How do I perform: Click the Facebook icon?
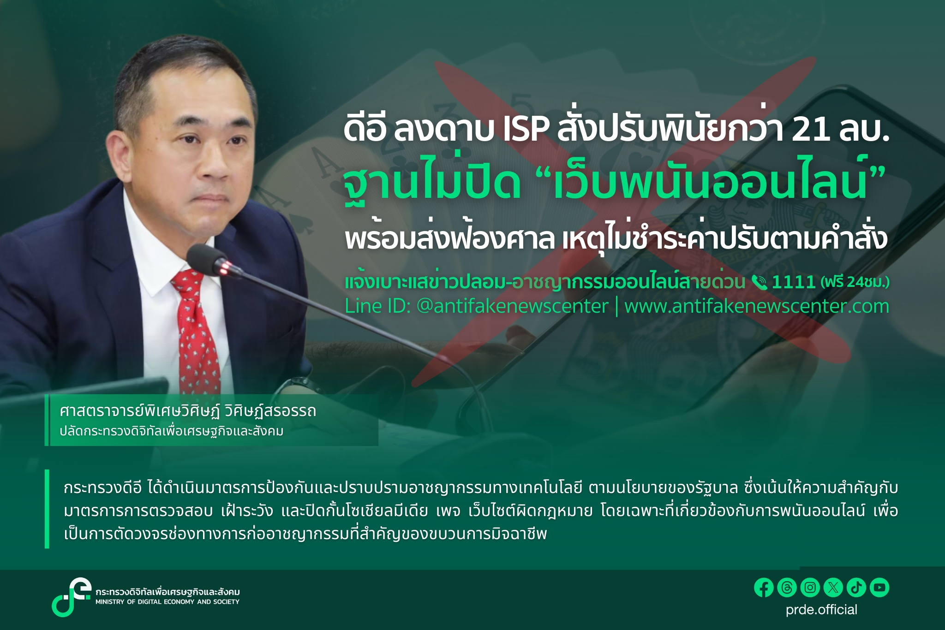(764, 588)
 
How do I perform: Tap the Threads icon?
(787, 588)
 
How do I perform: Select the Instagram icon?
(810, 588)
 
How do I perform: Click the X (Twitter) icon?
(833, 588)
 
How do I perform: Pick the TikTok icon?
(856, 588)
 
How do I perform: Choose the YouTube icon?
(879, 588)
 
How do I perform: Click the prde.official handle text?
(821, 610)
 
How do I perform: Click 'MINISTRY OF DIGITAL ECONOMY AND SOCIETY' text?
(167, 602)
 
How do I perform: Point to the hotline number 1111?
(793, 282)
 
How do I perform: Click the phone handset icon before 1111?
(759, 282)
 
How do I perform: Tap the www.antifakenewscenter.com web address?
(756, 306)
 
